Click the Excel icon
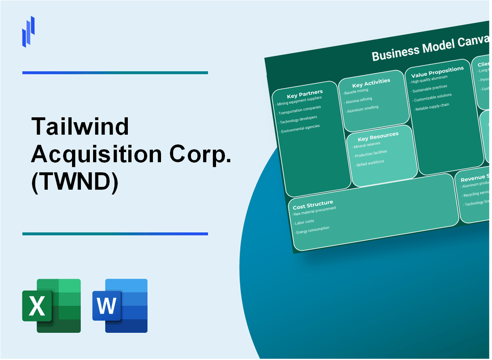(x=51, y=305)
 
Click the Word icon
(x=120, y=305)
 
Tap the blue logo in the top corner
(x=28, y=31)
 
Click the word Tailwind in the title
(x=80, y=127)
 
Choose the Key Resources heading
(x=378, y=136)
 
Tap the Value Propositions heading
(x=437, y=72)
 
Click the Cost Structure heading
(x=313, y=205)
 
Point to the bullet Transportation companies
(x=299, y=110)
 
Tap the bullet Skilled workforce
(x=369, y=163)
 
